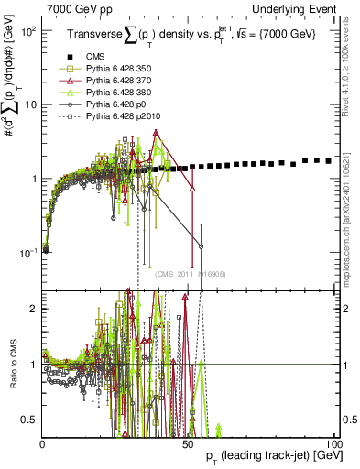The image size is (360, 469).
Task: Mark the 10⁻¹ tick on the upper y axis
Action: click(29, 252)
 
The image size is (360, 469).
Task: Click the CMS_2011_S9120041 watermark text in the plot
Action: click(191, 274)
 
